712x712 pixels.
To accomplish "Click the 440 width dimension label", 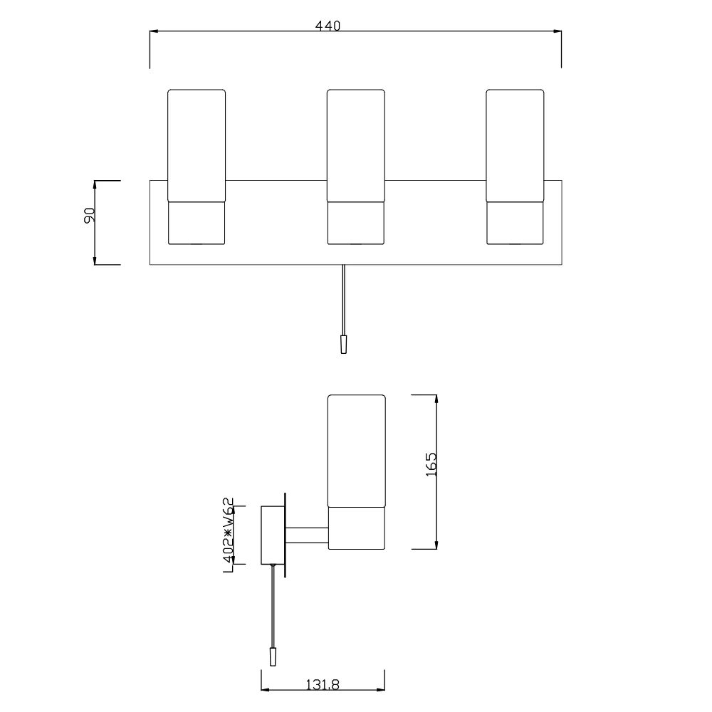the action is coord(328,26).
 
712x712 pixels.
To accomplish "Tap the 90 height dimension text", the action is coord(90,215).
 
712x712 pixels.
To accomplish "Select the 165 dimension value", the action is coord(431,464).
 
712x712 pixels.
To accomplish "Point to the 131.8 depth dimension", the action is coord(323,684).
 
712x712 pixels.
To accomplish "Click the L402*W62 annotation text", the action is coord(229,535).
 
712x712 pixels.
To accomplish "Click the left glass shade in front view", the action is coord(197,145).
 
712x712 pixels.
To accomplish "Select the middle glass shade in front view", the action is coord(356,145).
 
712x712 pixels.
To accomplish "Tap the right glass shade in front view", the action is coord(515,145).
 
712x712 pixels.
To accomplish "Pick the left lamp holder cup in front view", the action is coord(197,223).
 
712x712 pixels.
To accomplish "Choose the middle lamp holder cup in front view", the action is coord(356,223).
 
